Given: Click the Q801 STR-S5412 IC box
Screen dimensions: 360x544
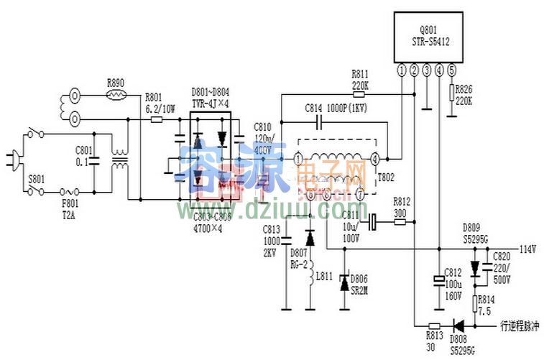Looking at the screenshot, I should pos(425,37).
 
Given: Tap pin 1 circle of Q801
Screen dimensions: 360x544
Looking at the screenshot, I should pos(401,70).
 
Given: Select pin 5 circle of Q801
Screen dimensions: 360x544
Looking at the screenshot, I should pos(451,70).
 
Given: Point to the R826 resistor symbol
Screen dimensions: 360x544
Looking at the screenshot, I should pos(451,92).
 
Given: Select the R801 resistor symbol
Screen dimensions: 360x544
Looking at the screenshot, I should pos(157,120).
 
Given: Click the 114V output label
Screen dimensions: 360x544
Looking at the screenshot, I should pos(527,249).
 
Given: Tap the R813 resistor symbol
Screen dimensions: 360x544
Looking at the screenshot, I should pos(433,325).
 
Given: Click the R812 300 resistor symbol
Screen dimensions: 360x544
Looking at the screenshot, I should pos(400,223).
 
